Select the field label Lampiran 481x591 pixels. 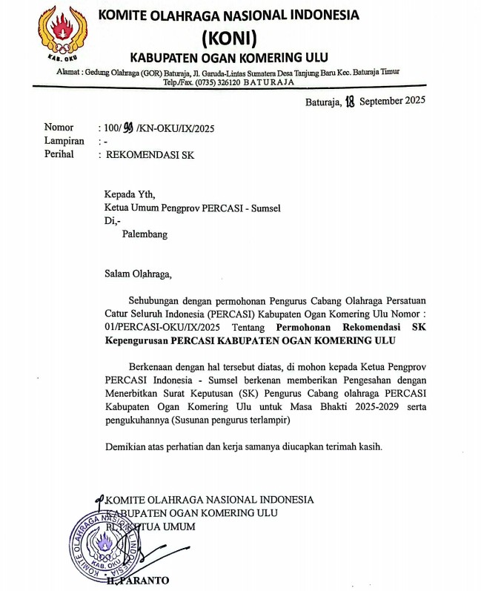64,141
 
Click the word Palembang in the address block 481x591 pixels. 145,234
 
